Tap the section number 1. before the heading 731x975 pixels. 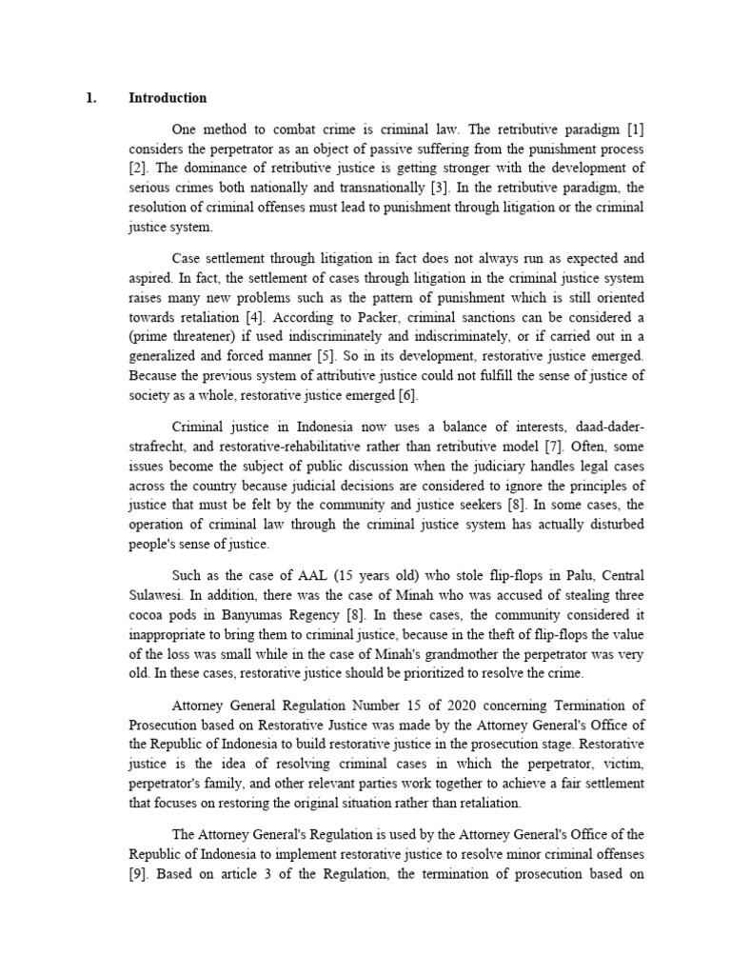point(91,98)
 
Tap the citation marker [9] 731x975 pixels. point(139,870)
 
